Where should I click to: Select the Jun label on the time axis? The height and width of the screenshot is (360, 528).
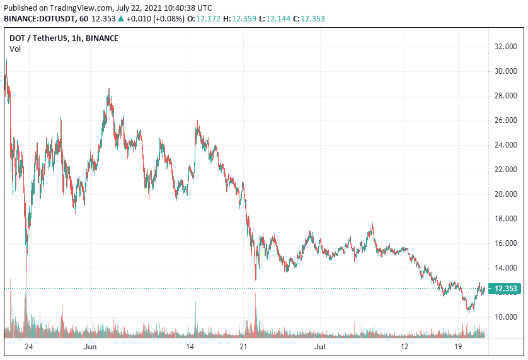[x=90, y=347]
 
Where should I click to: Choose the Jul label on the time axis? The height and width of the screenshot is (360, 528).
[x=319, y=347]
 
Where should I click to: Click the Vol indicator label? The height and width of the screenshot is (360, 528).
[x=15, y=49]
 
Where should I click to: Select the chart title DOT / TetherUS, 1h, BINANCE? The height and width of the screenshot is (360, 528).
[x=64, y=38]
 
